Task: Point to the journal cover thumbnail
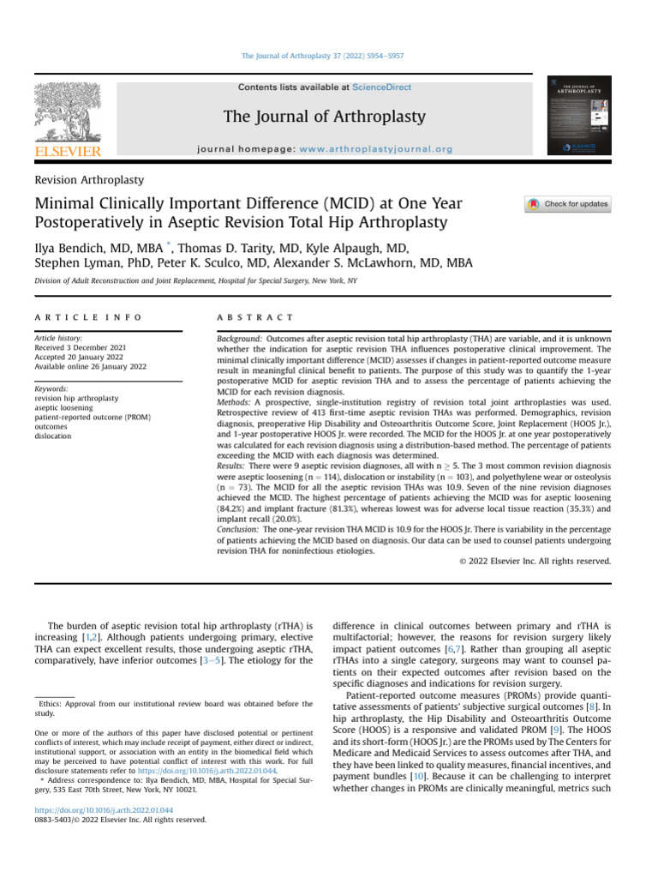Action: coord(578,117)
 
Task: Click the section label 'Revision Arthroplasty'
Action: coord(89,180)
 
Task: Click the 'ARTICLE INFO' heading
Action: coord(87,318)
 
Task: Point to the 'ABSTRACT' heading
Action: coord(255,318)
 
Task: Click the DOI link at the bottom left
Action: coord(103,809)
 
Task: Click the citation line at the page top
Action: coord(323,56)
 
